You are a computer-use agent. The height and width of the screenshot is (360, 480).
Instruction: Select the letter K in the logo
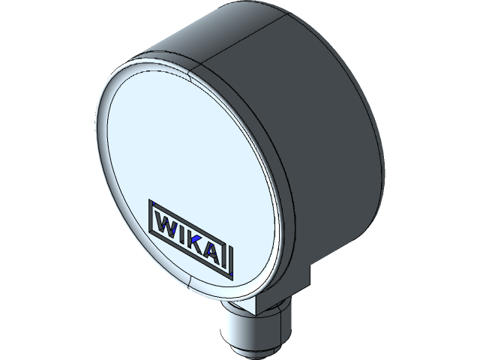tap(196, 241)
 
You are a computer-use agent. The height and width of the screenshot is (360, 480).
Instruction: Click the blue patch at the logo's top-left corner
tap(154, 202)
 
